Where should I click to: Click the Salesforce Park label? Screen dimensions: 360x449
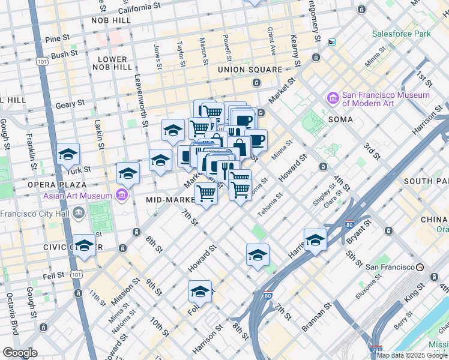pyautogui.click(x=400, y=34)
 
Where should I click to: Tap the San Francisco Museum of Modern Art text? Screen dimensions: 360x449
pyautogui.click(x=386, y=100)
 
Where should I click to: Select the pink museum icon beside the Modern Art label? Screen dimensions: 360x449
pyautogui.click(x=332, y=97)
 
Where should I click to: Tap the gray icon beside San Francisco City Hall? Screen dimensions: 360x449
pyautogui.click(x=79, y=213)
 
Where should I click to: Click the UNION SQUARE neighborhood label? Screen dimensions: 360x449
pyautogui.click(x=250, y=70)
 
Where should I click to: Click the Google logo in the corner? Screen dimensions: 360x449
pyautogui.click(x=20, y=353)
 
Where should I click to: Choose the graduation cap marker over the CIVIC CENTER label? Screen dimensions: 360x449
pyautogui.click(x=85, y=246)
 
